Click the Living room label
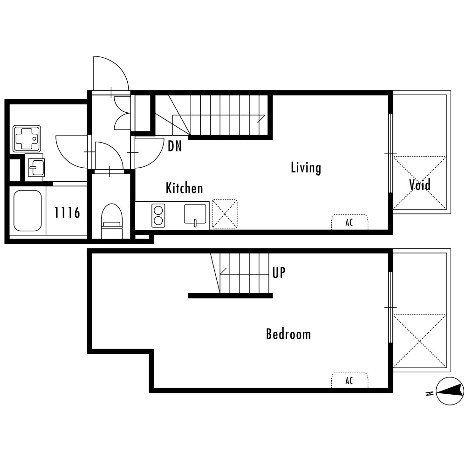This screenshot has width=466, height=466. pyautogui.click(x=306, y=168)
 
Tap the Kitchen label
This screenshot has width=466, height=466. pyautogui.click(x=184, y=188)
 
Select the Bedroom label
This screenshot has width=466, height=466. pyautogui.click(x=288, y=334)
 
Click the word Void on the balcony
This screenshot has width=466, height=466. pyautogui.click(x=420, y=185)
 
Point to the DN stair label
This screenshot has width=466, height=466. pyautogui.click(x=175, y=146)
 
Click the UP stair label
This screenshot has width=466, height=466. pyautogui.click(x=279, y=273)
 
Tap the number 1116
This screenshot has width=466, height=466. pyautogui.click(x=67, y=212)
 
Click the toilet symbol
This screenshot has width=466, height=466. pyautogui.click(x=112, y=221)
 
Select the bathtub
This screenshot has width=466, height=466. pyautogui.click(x=27, y=210)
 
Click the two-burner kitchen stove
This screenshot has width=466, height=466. pyautogui.click(x=158, y=215)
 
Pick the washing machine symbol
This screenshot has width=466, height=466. pyautogui.click(x=27, y=139)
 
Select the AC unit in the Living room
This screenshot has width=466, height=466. pyautogui.click(x=350, y=222)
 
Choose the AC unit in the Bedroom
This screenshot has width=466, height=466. pyautogui.click(x=350, y=380)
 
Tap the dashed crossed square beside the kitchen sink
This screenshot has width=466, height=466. pyautogui.click(x=225, y=214)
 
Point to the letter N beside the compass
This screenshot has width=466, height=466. pyautogui.click(x=429, y=394)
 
